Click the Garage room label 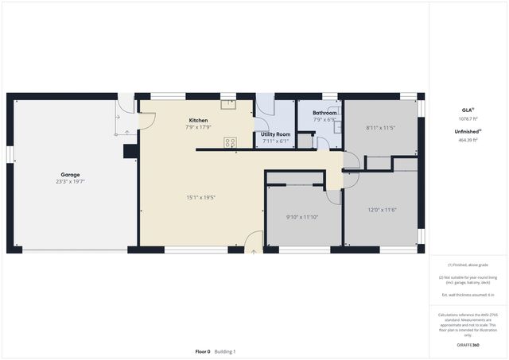[70, 175]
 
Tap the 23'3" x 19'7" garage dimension [70, 182]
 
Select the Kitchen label [198, 120]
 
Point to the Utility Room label [276, 134]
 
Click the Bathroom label [324, 113]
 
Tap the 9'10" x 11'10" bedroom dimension [301, 217]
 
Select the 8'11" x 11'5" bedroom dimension [380, 127]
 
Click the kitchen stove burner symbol [230, 142]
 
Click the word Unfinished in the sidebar [464, 131]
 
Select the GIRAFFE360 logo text [468, 346]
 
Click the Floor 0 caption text [203, 351]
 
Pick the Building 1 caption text [225, 351]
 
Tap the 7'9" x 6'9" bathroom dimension [324, 120]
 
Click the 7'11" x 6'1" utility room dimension [276, 141]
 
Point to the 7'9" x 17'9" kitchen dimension [198, 127]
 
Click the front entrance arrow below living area [254, 251]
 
